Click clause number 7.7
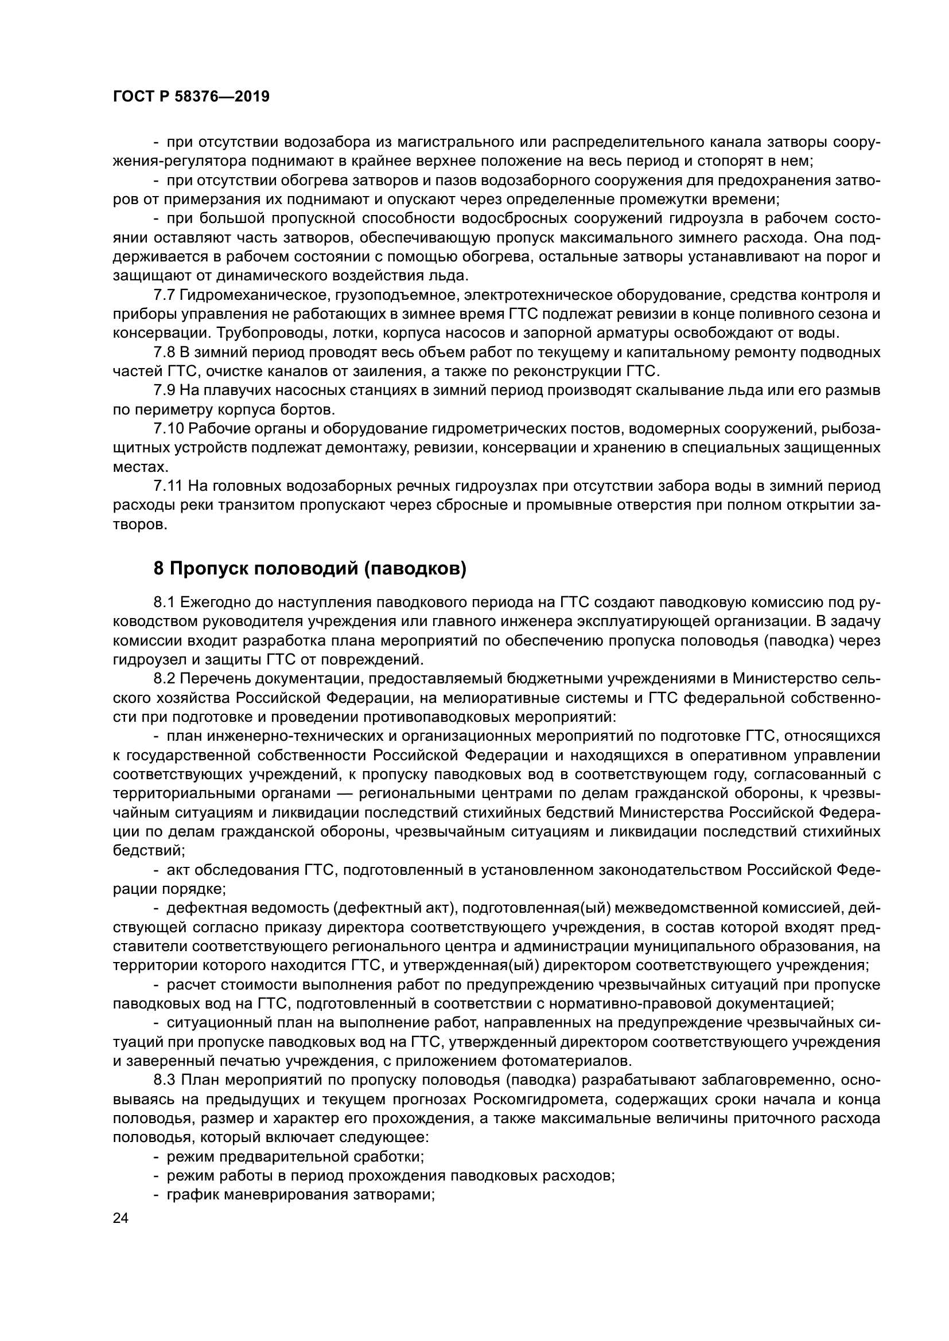(x=164, y=295)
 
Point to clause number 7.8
(x=164, y=352)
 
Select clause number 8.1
(x=164, y=602)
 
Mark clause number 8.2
(x=164, y=678)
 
